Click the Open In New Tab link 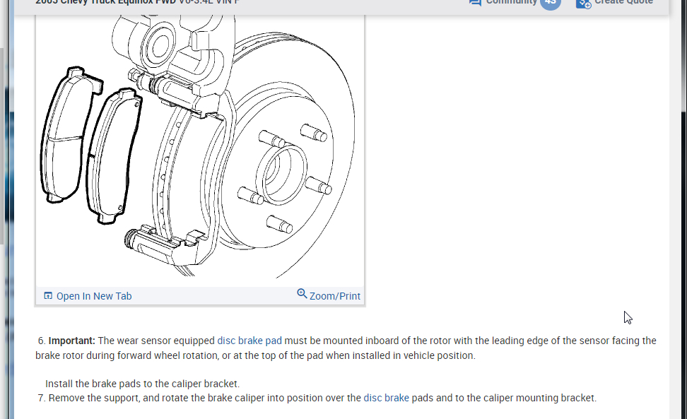coord(94,296)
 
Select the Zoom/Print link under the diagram coord(334,296)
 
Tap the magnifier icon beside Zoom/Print coord(302,293)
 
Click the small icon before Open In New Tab coord(48,296)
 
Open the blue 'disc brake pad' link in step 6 coord(249,341)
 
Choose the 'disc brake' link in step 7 coord(386,398)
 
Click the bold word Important coord(72,341)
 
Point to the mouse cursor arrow coord(627,317)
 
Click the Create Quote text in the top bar coord(623,2)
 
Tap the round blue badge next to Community coord(550,2)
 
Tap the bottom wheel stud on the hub coord(279,224)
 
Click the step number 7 coord(41,398)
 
